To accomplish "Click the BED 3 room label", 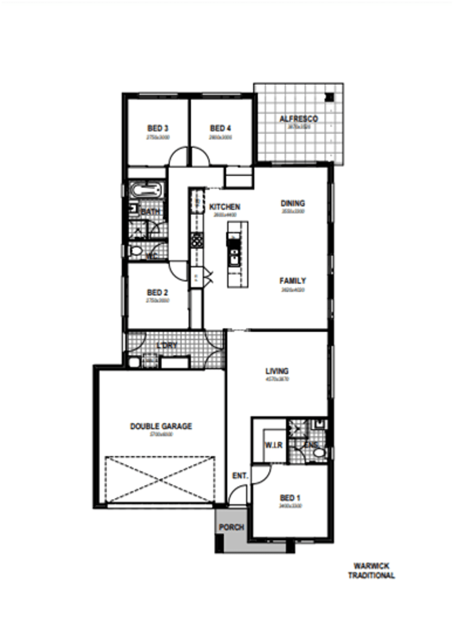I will point(158,128).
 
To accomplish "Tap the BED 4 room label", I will point(221,128).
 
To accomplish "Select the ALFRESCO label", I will point(299,119).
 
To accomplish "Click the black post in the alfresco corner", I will point(329,97).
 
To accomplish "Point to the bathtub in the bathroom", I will point(146,190).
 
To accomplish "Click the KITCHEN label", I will point(225,207).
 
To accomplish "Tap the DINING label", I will point(293,203).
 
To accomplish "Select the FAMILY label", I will point(293,281).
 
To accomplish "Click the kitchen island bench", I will point(238,254).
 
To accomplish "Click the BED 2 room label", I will point(158,292).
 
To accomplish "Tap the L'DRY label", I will point(167,346).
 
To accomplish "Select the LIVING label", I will point(277,371).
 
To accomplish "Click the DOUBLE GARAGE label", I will point(161,426).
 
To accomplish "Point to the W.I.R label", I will point(274,445).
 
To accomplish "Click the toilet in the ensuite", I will point(320,453).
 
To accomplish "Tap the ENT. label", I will point(240,476).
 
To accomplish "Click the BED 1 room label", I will point(290,497).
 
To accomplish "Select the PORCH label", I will point(231,527).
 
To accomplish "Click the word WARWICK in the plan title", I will point(371,566).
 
